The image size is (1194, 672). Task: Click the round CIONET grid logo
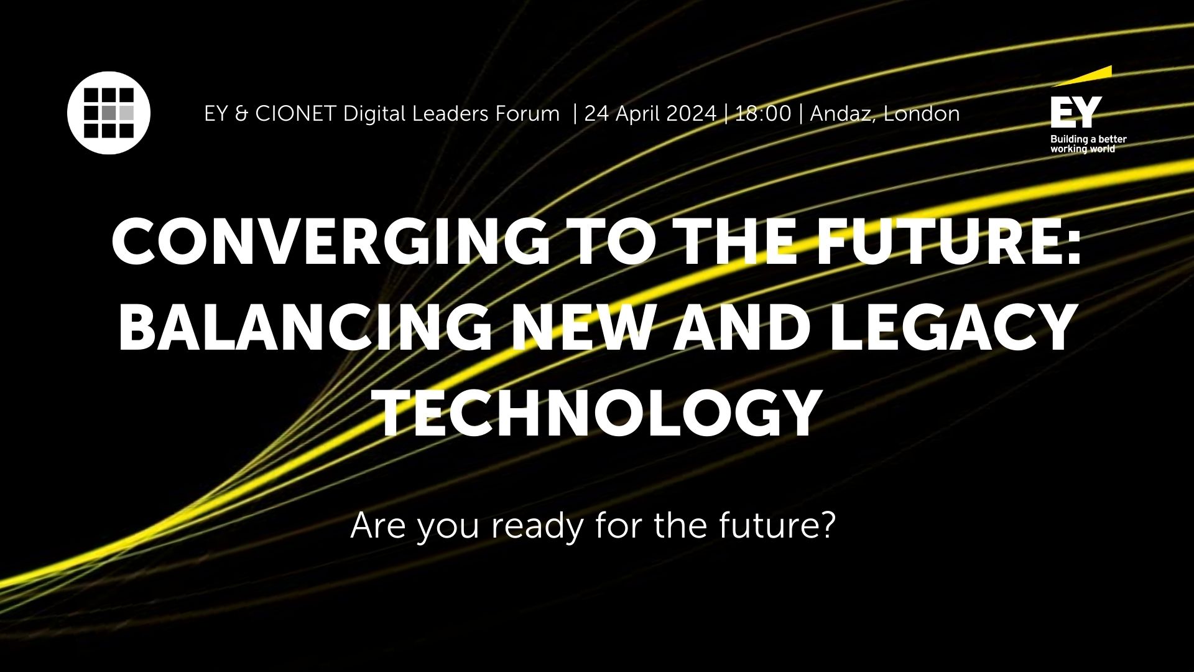(x=109, y=113)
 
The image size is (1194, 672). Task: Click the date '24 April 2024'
(x=650, y=114)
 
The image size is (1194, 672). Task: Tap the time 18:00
(x=763, y=114)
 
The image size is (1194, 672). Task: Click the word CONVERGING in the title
(x=330, y=241)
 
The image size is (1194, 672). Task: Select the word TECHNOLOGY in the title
(x=597, y=413)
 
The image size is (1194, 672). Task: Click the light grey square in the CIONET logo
(x=126, y=113)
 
